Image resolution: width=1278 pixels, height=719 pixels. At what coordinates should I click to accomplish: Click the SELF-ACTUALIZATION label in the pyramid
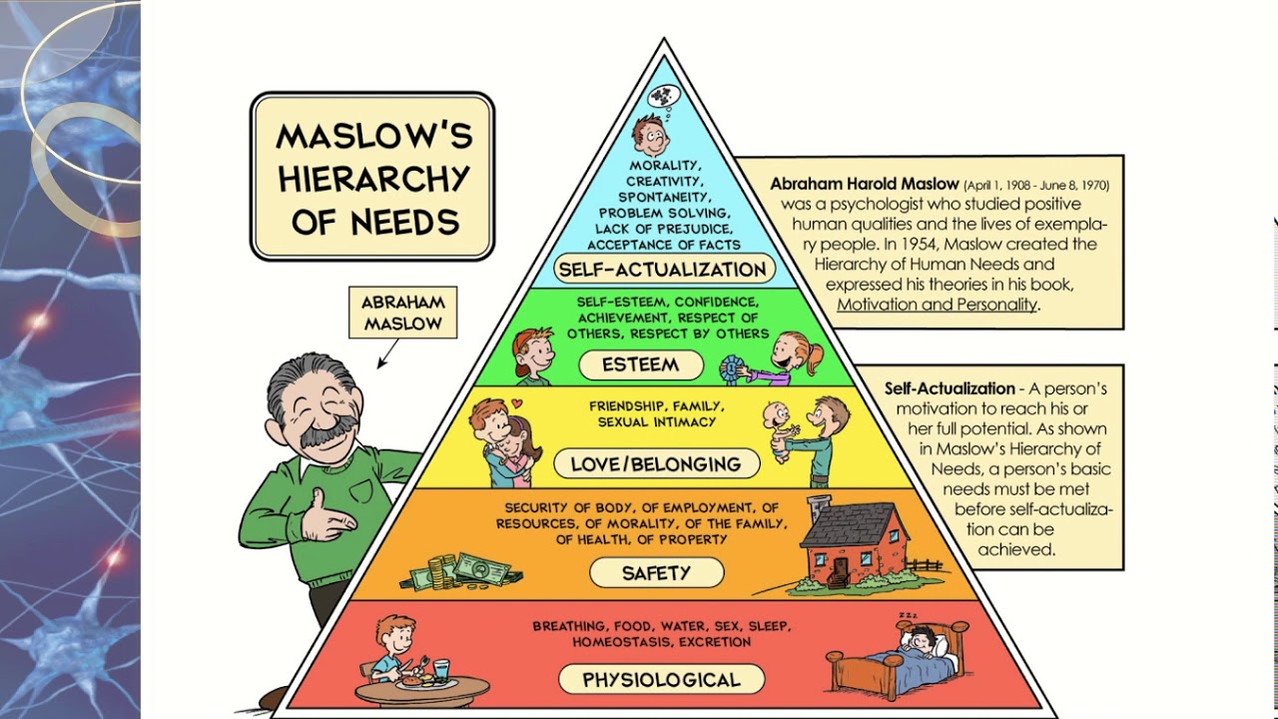click(663, 270)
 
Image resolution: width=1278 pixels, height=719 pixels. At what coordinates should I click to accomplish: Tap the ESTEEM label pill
click(640, 365)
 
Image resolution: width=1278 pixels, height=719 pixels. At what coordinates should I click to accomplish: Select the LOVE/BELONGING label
click(655, 464)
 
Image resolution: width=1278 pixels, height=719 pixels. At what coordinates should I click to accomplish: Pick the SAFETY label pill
click(656, 573)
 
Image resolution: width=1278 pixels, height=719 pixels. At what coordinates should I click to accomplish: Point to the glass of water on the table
click(443, 670)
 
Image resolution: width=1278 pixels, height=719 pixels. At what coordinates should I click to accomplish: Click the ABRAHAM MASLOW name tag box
click(402, 313)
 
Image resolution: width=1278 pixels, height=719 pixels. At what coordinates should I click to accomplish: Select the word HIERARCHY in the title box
click(373, 178)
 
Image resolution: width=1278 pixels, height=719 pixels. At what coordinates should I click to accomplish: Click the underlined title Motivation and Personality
click(937, 305)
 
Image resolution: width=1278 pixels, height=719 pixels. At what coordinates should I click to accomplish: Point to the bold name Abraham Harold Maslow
click(864, 185)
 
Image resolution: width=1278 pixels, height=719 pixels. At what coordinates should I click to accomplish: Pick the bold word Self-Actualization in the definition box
click(950, 388)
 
